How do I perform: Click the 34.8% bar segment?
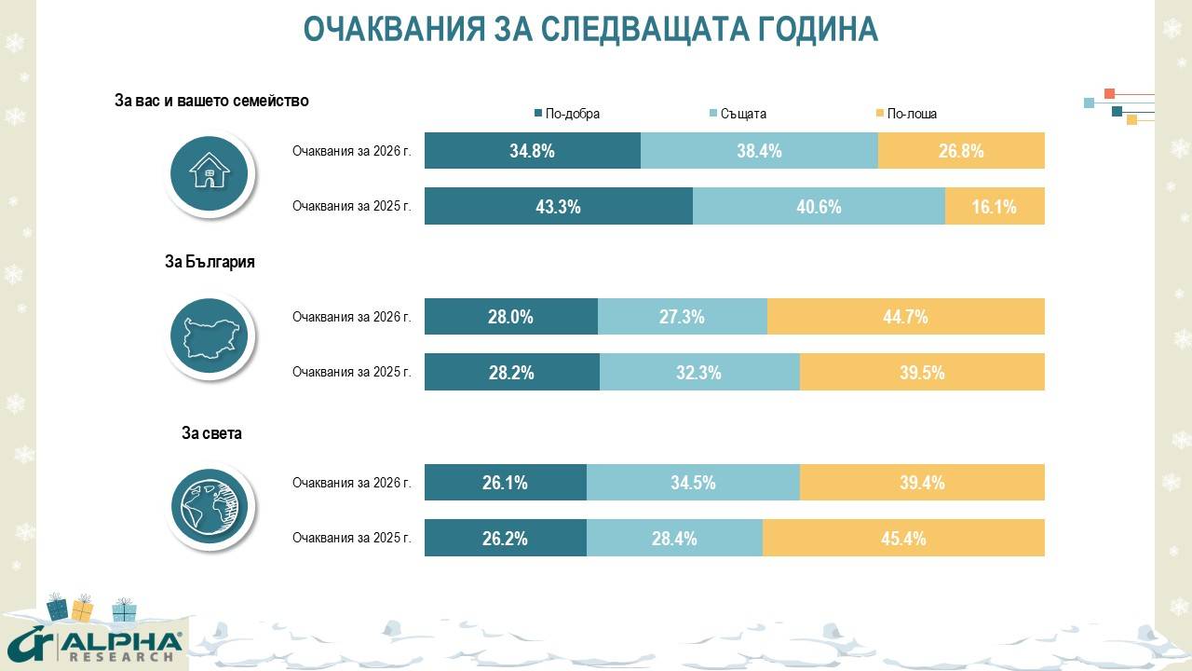[532, 151]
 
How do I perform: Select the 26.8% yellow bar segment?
[961, 151]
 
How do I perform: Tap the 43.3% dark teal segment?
[558, 206]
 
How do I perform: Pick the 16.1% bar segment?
[995, 206]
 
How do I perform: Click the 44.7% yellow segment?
[905, 317]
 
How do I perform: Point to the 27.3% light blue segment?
[682, 317]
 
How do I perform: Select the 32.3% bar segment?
[698, 372]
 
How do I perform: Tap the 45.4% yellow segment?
[903, 538]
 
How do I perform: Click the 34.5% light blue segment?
[693, 483]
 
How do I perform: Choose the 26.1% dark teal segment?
[506, 483]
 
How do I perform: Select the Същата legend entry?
[738, 114]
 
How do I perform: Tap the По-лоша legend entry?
[906, 114]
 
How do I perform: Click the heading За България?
[210, 263]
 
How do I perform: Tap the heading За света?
[211, 433]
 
